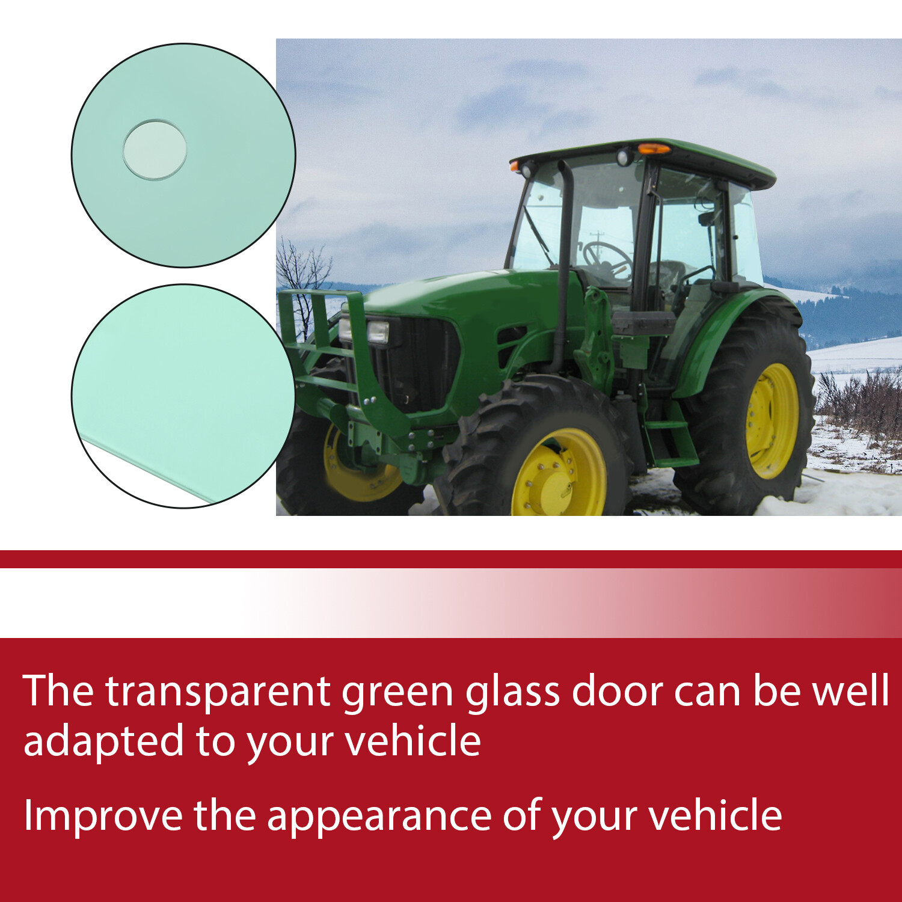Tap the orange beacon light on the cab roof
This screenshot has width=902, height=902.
tap(654, 148)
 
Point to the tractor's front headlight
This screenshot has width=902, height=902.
tap(377, 331)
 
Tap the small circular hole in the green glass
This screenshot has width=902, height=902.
tap(155, 150)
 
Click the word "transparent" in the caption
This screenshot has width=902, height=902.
tap(218, 692)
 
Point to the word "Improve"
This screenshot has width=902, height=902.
tap(102, 816)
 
